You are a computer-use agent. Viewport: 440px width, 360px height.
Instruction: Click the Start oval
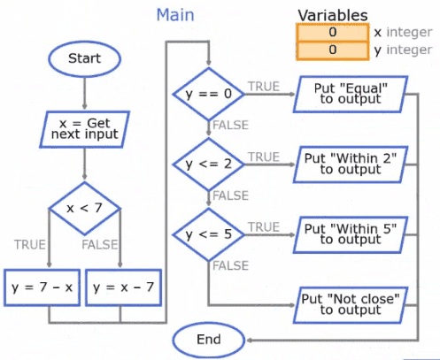click(x=85, y=58)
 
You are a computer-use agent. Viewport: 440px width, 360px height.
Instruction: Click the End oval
click(x=209, y=340)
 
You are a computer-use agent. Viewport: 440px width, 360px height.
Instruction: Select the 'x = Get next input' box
click(x=85, y=129)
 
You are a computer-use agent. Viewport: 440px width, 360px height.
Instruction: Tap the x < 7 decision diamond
click(x=85, y=208)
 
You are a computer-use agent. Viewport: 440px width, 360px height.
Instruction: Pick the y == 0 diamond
click(x=209, y=94)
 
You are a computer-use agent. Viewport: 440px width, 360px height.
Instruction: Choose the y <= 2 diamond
click(x=209, y=165)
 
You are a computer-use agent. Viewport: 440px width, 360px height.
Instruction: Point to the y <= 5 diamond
click(x=209, y=234)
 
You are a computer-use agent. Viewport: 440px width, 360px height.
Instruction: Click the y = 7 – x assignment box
click(x=42, y=287)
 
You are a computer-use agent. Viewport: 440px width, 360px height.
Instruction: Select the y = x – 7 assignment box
click(x=123, y=287)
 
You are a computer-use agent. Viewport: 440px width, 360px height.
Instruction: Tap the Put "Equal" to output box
click(x=351, y=94)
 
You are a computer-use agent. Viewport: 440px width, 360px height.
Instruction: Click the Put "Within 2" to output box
click(x=351, y=165)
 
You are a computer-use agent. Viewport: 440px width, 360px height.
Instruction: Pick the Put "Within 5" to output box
click(x=351, y=234)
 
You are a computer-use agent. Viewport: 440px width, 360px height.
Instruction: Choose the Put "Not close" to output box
click(x=351, y=305)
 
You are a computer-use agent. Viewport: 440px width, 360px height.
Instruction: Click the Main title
click(x=175, y=15)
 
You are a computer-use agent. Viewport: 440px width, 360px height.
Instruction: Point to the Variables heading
click(x=333, y=15)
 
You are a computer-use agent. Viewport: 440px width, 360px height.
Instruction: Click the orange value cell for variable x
click(x=333, y=32)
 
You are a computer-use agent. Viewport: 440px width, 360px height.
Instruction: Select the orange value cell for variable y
click(x=333, y=50)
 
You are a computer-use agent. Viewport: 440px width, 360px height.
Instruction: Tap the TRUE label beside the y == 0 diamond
click(x=264, y=87)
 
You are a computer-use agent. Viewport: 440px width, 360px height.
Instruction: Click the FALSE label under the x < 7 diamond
click(x=100, y=245)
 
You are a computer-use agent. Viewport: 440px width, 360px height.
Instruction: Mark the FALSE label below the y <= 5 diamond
click(x=231, y=265)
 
